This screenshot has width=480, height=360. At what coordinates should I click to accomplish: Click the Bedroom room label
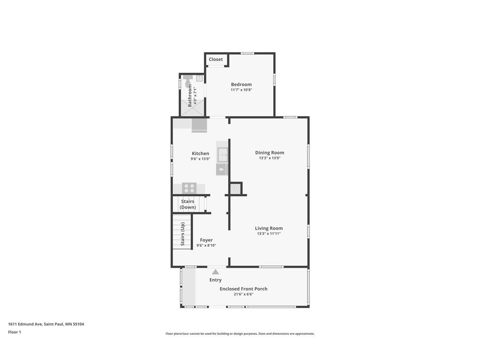241,84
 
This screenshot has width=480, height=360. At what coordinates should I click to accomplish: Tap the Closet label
216,60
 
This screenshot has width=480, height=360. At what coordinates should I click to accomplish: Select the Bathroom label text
190,96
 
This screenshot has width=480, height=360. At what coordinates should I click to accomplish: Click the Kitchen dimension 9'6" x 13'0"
200,159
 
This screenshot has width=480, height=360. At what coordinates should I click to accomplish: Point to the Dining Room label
270,152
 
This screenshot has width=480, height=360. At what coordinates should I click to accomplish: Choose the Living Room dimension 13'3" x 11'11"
269,233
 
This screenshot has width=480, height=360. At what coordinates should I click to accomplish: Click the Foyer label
206,240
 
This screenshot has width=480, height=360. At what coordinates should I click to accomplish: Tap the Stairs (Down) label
187,204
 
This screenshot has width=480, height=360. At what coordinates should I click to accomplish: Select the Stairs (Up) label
183,234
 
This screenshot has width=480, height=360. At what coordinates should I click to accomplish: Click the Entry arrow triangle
215,271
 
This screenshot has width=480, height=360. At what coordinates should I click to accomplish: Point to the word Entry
215,280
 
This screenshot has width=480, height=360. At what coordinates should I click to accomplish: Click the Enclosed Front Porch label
243,289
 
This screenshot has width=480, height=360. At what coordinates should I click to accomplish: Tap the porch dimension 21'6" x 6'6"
243,294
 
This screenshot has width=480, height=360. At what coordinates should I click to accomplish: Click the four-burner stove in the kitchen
189,188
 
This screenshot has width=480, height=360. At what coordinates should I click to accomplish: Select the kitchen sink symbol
222,154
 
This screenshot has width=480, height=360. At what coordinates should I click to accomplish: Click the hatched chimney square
235,189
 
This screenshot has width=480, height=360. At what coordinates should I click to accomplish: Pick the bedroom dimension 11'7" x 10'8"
241,90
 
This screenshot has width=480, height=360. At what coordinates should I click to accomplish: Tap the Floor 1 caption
15,332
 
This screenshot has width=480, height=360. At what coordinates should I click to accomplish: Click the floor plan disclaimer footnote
240,334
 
